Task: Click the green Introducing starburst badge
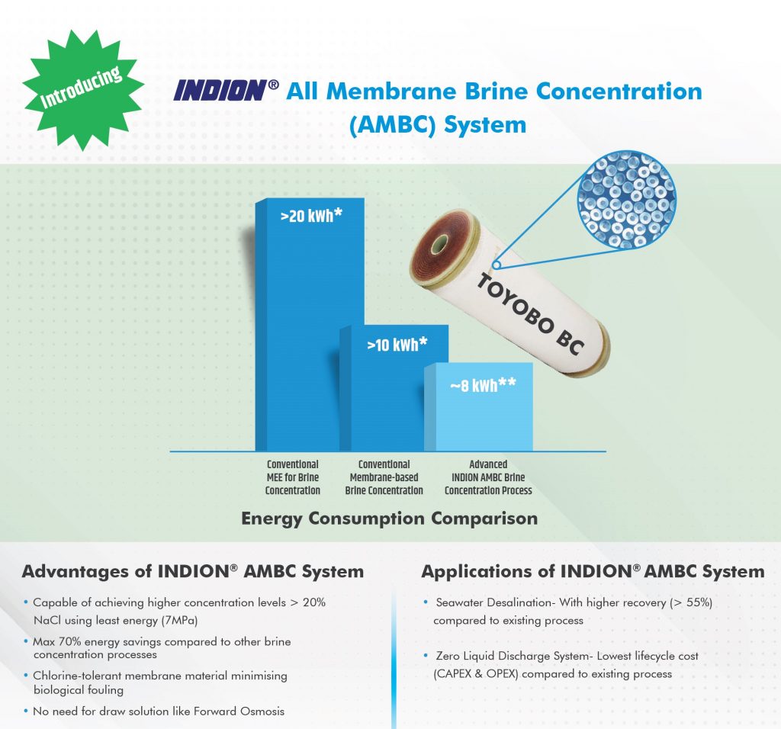click(x=83, y=90)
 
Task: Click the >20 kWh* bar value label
click(x=311, y=216)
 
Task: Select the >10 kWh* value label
click(x=397, y=345)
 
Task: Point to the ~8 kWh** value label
click(x=483, y=385)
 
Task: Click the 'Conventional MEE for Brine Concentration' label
click(x=292, y=477)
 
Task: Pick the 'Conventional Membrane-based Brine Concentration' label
click(x=384, y=477)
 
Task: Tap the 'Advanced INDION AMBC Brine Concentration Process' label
click(x=488, y=477)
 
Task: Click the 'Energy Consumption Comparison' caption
click(x=390, y=519)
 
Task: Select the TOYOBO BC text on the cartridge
click(x=531, y=314)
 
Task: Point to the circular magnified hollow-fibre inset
click(x=627, y=199)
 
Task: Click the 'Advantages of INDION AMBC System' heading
click(x=193, y=571)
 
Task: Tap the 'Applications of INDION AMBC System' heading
click(x=593, y=571)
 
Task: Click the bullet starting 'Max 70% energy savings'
click(x=162, y=648)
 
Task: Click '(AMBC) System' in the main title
click(x=437, y=124)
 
